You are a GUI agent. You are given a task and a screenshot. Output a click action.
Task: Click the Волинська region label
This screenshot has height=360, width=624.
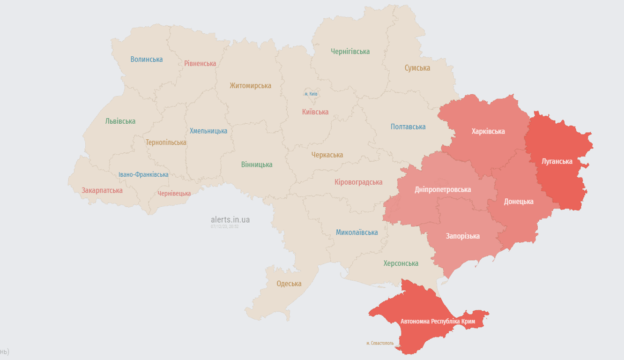[x=147, y=59]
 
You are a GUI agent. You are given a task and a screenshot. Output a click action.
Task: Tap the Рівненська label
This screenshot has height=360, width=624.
[x=200, y=63]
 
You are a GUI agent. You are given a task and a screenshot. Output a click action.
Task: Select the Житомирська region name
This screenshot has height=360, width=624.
[x=250, y=85]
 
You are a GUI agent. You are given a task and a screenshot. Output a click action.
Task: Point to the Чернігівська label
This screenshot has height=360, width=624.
[x=350, y=52]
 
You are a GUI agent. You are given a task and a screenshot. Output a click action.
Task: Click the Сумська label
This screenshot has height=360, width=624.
[x=417, y=68]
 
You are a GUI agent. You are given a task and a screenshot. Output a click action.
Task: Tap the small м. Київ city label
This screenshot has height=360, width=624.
[x=311, y=94]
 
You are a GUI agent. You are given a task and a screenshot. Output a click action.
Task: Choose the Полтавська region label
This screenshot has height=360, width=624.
[x=408, y=127]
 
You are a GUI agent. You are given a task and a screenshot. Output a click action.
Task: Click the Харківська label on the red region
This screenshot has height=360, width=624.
[x=488, y=131]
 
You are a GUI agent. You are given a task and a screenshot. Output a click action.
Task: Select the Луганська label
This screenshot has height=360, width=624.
[x=557, y=161]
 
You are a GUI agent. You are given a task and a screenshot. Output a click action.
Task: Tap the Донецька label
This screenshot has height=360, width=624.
[x=519, y=202]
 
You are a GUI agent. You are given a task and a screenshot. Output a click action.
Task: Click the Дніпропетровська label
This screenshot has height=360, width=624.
[x=443, y=189]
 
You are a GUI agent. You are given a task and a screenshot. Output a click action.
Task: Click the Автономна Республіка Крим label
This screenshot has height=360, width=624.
[x=438, y=322]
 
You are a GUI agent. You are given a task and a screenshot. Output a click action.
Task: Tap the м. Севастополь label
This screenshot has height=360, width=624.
[x=380, y=343]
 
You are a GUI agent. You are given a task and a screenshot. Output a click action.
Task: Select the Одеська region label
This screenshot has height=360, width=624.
[x=289, y=284]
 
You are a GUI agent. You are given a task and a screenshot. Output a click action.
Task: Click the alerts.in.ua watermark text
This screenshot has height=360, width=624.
[x=230, y=219]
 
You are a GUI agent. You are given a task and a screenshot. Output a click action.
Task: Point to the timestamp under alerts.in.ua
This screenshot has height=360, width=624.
[x=224, y=226]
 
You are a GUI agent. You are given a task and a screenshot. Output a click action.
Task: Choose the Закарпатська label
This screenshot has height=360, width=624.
[x=102, y=190]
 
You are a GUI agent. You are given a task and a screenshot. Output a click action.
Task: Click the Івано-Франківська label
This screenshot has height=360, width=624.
[x=143, y=174]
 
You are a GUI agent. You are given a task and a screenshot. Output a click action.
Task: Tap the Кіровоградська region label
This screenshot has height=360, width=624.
[x=358, y=182]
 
